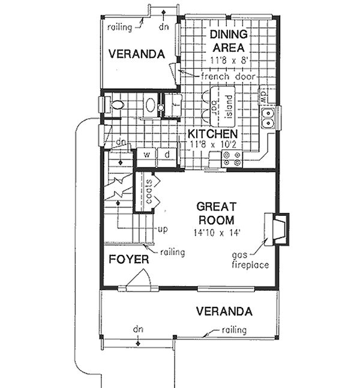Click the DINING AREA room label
pos(227,41)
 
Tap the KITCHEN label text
pos(212,133)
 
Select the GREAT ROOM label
pos(215,212)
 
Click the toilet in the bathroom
pos(116,106)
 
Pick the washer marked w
pos(146,155)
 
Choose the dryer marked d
pos(167,155)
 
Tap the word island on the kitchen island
pos(229,104)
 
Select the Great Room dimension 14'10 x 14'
pos(215,232)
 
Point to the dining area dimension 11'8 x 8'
pos(230,61)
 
